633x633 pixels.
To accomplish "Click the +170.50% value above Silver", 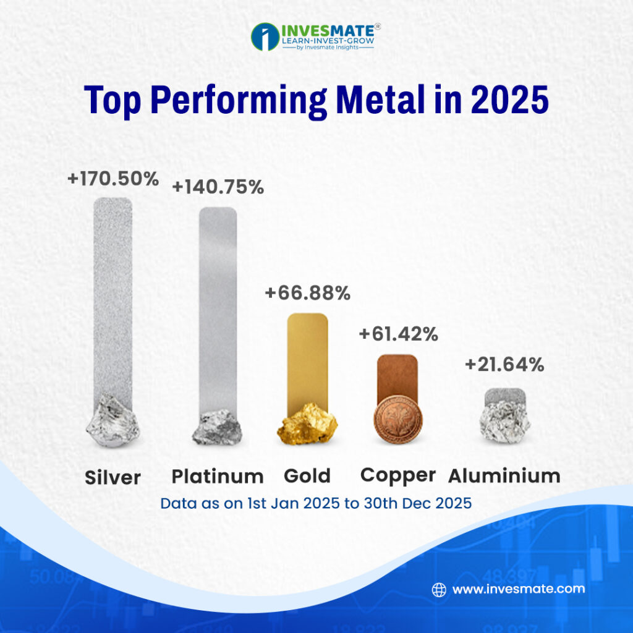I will click(113, 179).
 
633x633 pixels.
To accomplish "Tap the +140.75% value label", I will click(218, 187).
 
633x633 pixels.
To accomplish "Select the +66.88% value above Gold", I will click(307, 293).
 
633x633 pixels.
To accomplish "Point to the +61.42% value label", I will click(398, 334).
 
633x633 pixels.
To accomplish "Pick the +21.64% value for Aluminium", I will click(504, 365).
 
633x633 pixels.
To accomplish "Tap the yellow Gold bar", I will click(307, 359).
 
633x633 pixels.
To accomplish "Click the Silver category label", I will click(113, 478).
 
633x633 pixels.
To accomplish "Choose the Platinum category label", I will click(218, 477).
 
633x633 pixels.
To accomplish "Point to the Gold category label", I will click(307, 476).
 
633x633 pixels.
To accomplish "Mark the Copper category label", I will click(398, 475).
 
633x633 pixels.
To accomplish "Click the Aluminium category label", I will click(504, 476).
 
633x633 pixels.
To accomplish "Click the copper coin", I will click(397, 420).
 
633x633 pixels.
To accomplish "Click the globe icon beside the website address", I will click(439, 589).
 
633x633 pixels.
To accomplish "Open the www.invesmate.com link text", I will click(518, 589).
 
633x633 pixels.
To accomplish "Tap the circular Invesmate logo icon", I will click(265, 36).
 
